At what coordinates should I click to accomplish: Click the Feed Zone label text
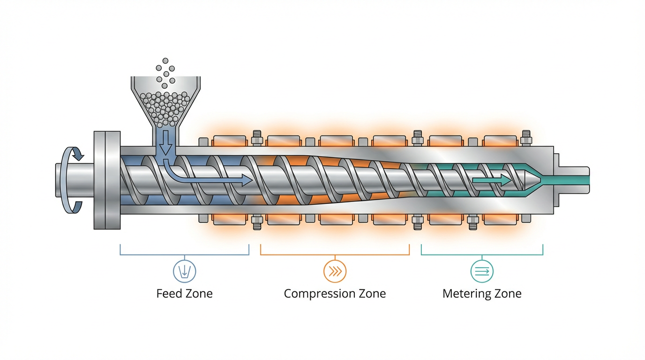pos(184,294)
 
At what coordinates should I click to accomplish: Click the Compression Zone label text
pos(335,294)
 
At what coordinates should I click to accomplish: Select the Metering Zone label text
pos(482,294)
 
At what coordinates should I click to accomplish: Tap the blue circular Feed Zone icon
pos(184,271)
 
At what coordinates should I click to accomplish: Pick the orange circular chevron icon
pos(335,271)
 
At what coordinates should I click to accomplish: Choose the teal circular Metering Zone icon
pos(482,271)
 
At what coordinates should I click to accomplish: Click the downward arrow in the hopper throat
pos(165,143)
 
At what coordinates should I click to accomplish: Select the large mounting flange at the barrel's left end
pos(107,180)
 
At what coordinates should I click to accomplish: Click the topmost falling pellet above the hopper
pos(165,61)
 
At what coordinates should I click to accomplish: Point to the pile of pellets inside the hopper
pos(165,105)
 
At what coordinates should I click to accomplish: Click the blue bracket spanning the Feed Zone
pos(184,255)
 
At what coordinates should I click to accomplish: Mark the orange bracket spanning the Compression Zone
pos(335,255)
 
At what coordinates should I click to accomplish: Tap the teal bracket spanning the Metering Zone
pos(482,255)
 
